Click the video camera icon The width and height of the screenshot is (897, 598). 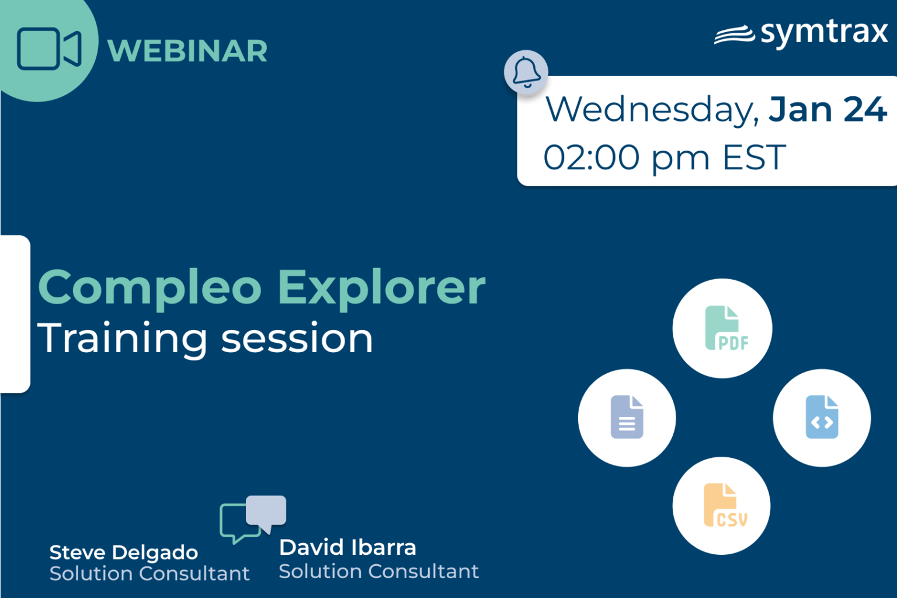point(48,49)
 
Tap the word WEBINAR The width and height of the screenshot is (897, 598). point(187,51)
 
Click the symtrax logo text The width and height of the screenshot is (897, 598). point(823,33)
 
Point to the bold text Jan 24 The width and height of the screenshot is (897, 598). point(828,110)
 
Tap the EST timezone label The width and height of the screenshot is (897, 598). point(754,158)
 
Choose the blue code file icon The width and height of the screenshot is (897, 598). point(822,417)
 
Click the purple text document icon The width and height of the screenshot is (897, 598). point(627,417)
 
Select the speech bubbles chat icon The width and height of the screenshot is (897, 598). point(253,518)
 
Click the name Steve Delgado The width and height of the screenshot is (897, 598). point(124,552)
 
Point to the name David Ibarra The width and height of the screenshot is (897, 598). point(347,548)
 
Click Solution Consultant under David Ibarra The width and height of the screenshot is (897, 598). point(378,571)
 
